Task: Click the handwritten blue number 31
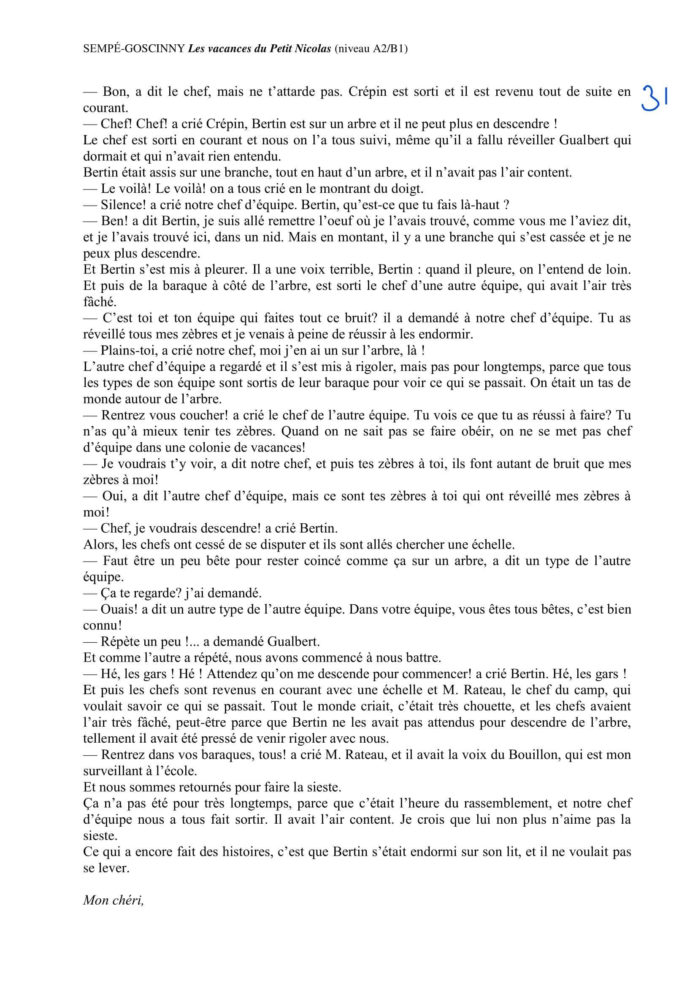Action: (654, 98)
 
